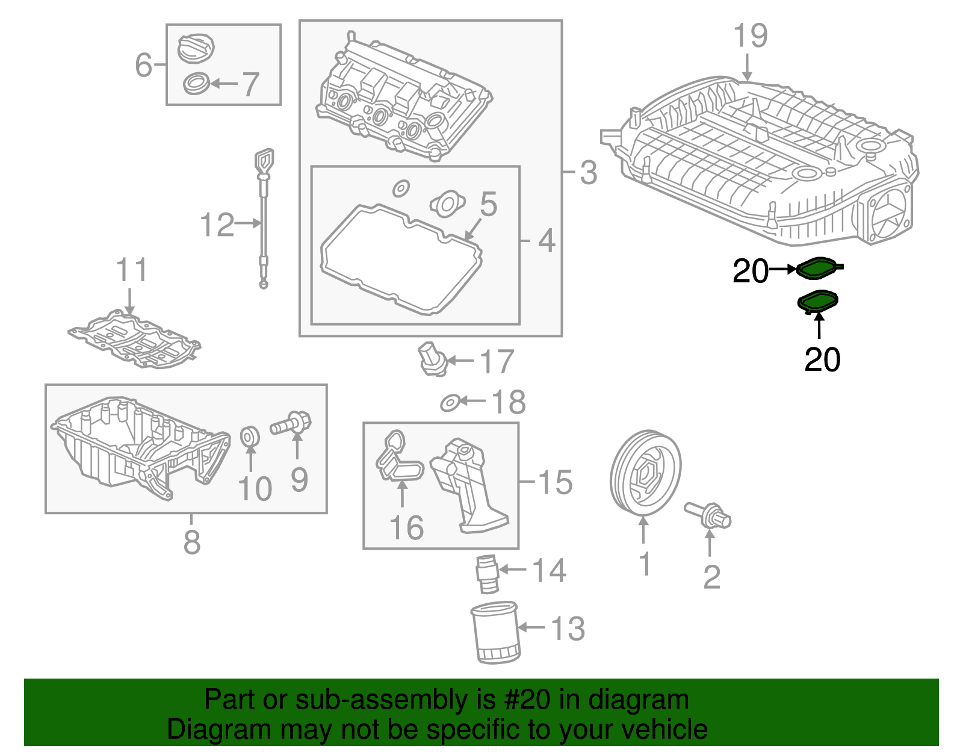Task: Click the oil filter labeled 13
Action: tap(495, 633)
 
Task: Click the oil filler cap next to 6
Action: tap(196, 48)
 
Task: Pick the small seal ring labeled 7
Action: tap(196, 84)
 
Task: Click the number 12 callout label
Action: tap(217, 225)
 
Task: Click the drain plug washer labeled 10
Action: tap(250, 437)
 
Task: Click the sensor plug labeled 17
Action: tap(432, 359)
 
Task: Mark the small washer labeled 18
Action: tap(449, 403)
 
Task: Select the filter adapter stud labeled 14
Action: tap(487, 574)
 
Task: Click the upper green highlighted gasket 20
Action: tap(819, 268)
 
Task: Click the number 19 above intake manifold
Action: tap(750, 36)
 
